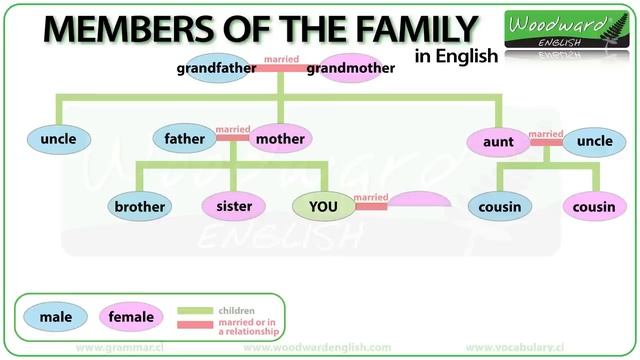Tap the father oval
(x=185, y=139)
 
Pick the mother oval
(x=280, y=139)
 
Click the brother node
(x=140, y=207)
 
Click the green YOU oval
(x=324, y=207)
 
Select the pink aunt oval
(x=497, y=142)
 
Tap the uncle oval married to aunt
(x=594, y=142)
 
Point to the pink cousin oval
(x=594, y=207)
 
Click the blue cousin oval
(x=497, y=207)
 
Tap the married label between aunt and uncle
(x=546, y=133)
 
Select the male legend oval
(x=56, y=318)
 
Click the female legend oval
(x=132, y=318)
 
